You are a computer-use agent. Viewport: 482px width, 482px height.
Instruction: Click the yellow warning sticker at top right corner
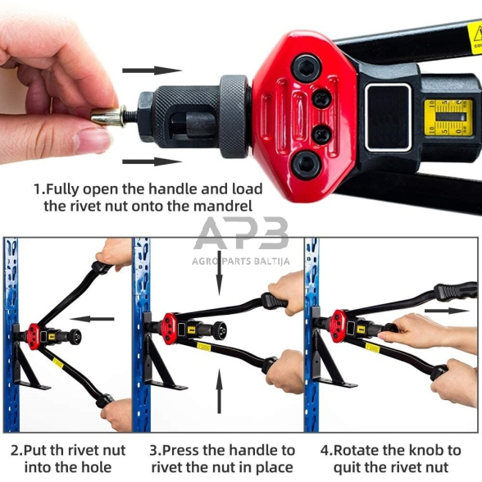[474, 34]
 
